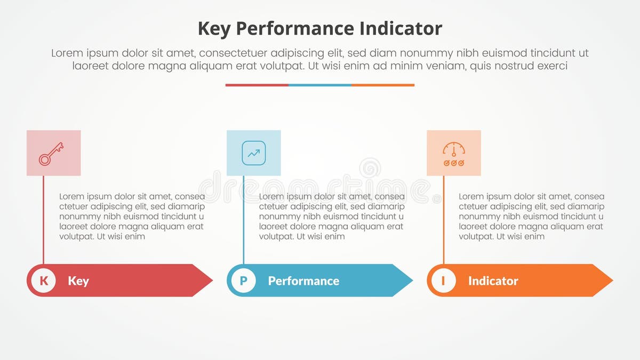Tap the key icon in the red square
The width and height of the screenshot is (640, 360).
pyautogui.click(x=51, y=153)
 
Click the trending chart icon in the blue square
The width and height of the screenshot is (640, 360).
pyautogui.click(x=254, y=153)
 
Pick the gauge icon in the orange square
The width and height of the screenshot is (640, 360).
pyautogui.click(x=454, y=153)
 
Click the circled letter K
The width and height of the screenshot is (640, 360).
pyautogui.click(x=44, y=281)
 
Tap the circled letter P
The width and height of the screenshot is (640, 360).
pyautogui.click(x=244, y=281)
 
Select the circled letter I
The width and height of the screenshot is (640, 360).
pyautogui.click(x=443, y=281)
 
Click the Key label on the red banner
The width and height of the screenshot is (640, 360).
pyautogui.click(x=78, y=281)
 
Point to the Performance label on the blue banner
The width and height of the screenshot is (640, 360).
pyautogui.click(x=303, y=281)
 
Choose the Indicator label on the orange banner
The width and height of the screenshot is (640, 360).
pyautogui.click(x=493, y=281)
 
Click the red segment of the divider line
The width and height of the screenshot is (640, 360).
pyautogui.click(x=257, y=85)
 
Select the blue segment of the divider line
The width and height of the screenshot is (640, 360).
pyautogui.click(x=320, y=85)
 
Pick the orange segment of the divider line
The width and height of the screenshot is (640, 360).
pyautogui.click(x=383, y=85)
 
